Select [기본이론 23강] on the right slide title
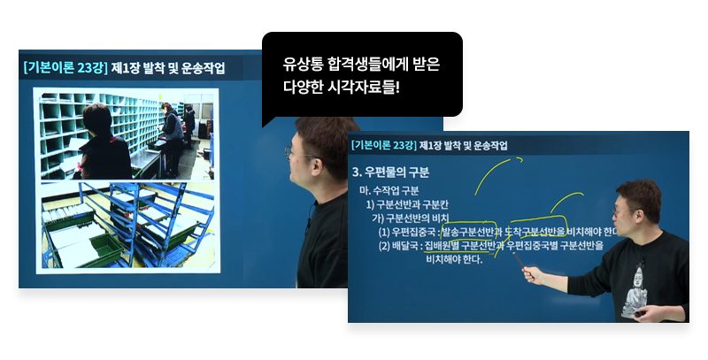tap(382, 145)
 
